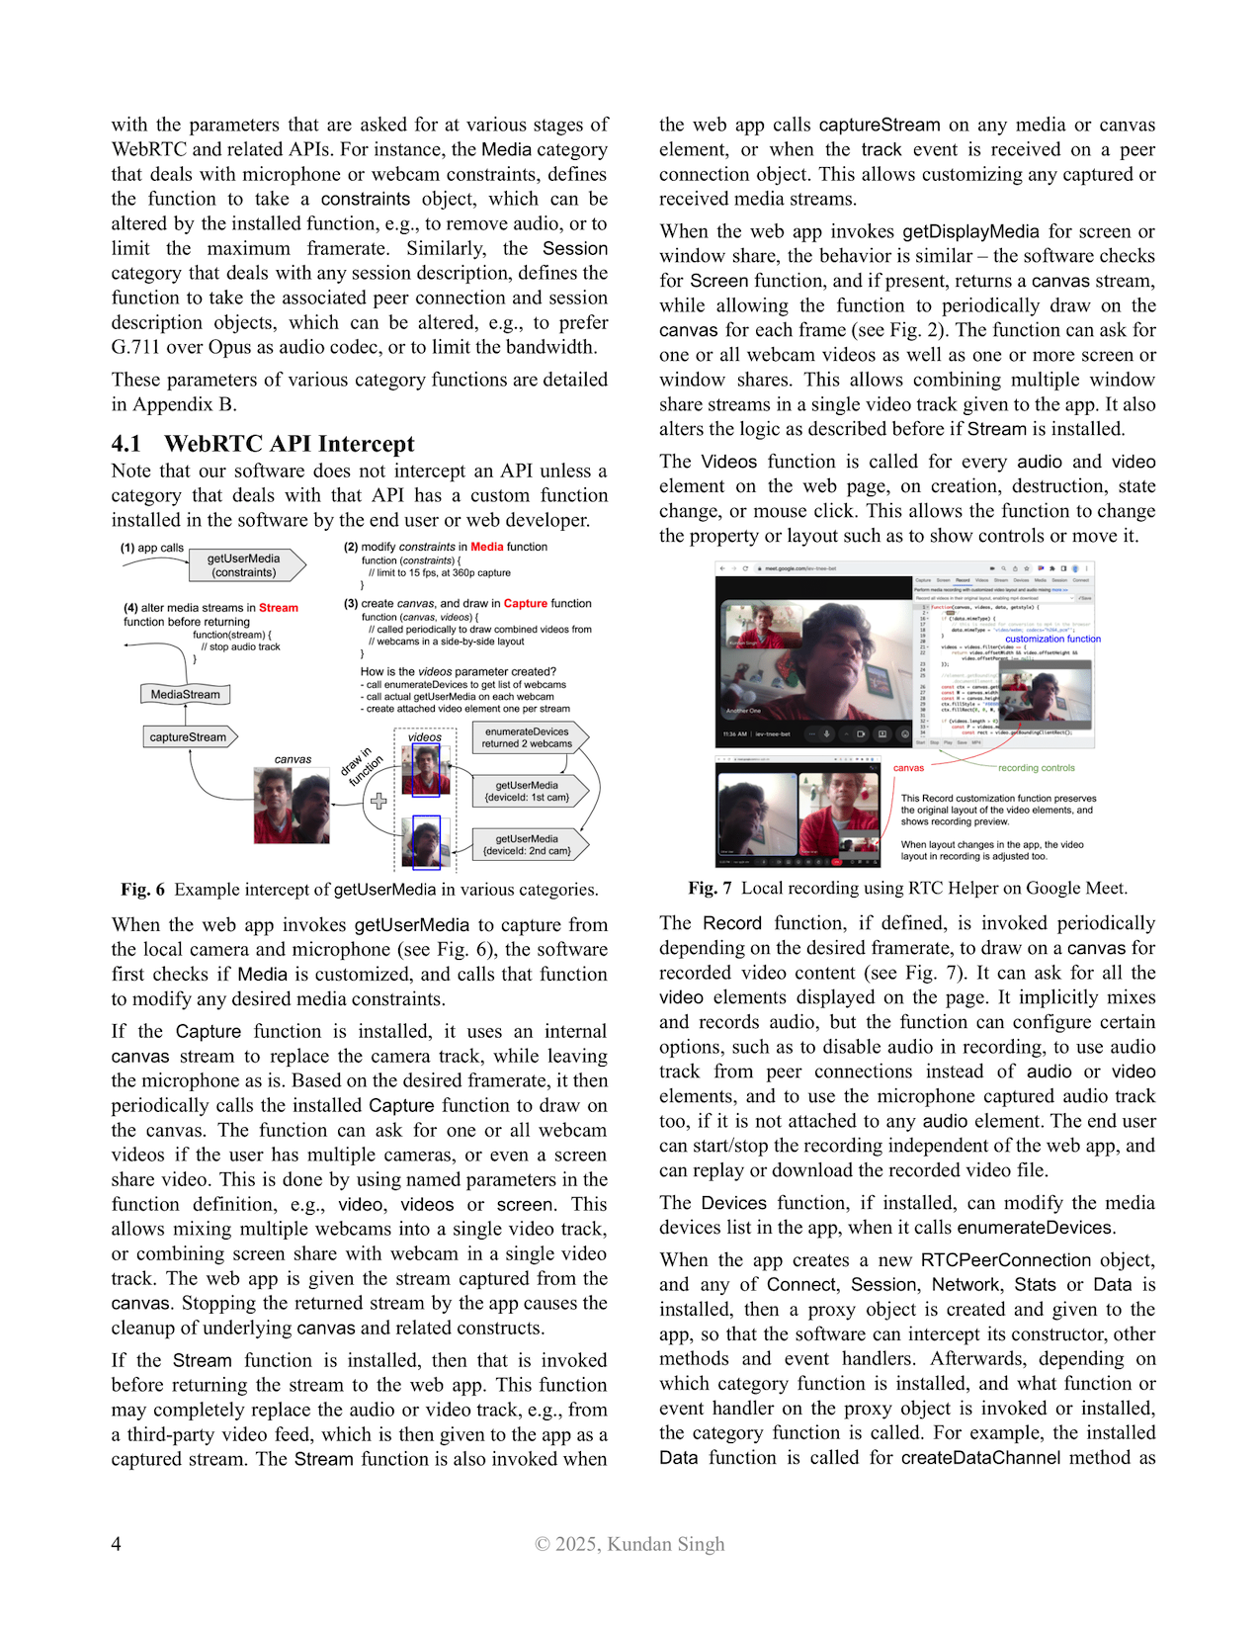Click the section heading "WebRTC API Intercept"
pyautogui.click(x=289, y=444)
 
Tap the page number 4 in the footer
pyautogui.click(x=117, y=1544)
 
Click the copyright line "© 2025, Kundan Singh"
pyautogui.click(x=630, y=1544)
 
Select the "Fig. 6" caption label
pyautogui.click(x=142, y=890)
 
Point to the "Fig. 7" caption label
pyautogui.click(x=710, y=888)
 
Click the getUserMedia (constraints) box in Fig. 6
pyautogui.click(x=245, y=565)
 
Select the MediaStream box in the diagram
pyautogui.click(x=186, y=695)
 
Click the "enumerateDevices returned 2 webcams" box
pyautogui.click(x=528, y=738)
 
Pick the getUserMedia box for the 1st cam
pyautogui.click(x=528, y=792)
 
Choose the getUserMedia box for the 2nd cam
pyautogui.click(x=528, y=845)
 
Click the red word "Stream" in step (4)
pyautogui.click(x=279, y=608)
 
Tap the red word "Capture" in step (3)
pyautogui.click(x=526, y=603)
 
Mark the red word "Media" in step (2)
pyautogui.click(x=487, y=547)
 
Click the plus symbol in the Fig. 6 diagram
pyautogui.click(x=378, y=801)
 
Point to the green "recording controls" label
pyautogui.click(x=1036, y=768)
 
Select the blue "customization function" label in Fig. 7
pyautogui.click(x=1052, y=639)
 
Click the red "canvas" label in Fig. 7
pyautogui.click(x=908, y=768)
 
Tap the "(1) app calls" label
pyautogui.click(x=152, y=548)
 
